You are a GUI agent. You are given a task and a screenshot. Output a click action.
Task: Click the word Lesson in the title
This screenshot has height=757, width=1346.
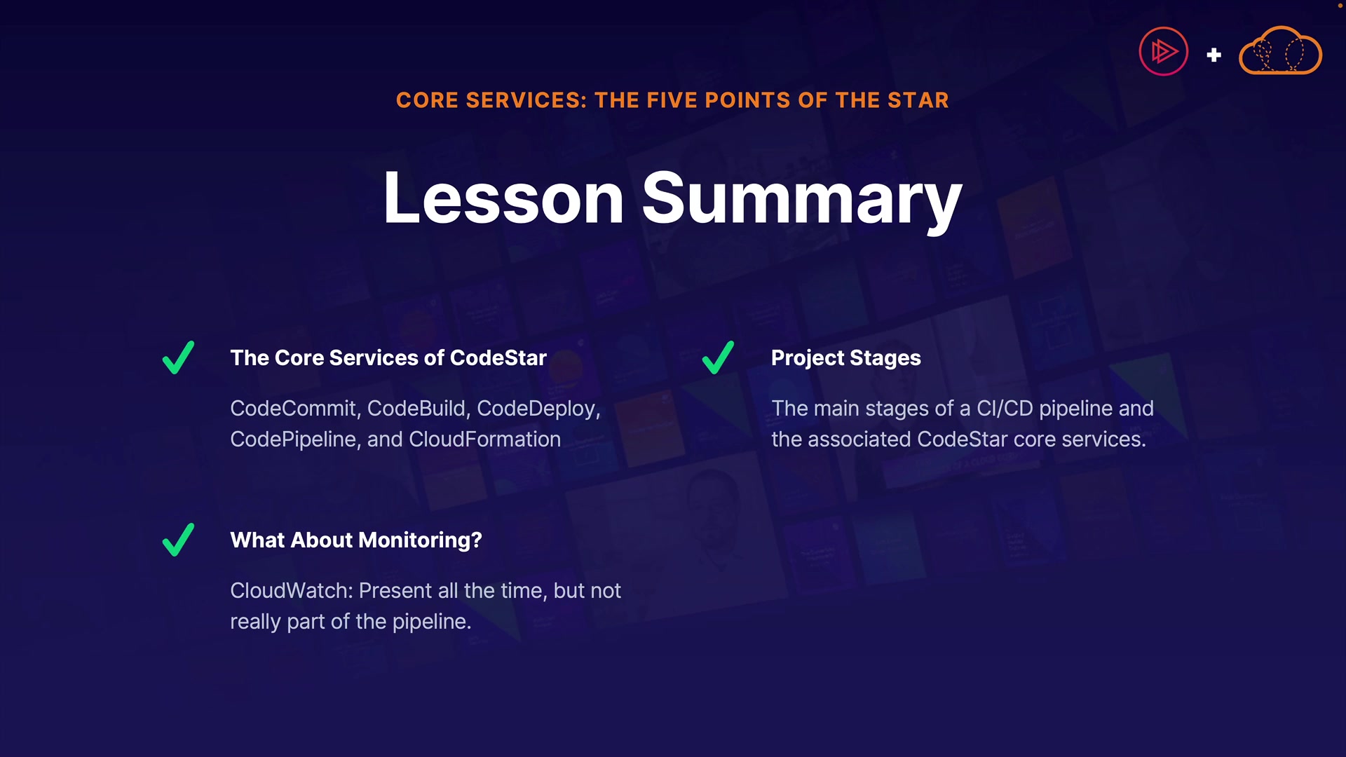503,198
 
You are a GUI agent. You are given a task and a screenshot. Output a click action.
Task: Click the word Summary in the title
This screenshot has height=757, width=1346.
802,202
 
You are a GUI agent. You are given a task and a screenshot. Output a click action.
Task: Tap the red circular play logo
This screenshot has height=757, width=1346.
1164,51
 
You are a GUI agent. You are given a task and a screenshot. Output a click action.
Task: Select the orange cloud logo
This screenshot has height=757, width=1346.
1280,50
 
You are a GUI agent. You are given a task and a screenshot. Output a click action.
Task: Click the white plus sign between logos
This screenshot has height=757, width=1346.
1214,55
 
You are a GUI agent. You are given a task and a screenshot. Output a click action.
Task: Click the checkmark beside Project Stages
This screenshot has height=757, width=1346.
718,357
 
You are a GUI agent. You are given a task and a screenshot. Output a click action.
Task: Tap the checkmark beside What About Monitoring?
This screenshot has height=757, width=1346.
178,540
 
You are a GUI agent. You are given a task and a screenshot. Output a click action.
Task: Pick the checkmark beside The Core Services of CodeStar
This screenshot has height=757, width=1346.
178,357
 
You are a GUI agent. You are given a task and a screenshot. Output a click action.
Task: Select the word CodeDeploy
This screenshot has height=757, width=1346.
538,409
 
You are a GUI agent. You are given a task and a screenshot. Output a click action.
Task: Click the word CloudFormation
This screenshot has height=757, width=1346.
485,439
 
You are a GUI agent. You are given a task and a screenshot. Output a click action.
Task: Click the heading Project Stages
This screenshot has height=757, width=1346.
846,358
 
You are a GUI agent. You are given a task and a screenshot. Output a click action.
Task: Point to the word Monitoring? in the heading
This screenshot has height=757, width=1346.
421,540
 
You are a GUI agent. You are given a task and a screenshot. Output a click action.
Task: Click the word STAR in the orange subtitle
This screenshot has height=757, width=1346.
918,100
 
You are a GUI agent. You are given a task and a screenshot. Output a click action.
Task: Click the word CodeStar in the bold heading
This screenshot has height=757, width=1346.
498,358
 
